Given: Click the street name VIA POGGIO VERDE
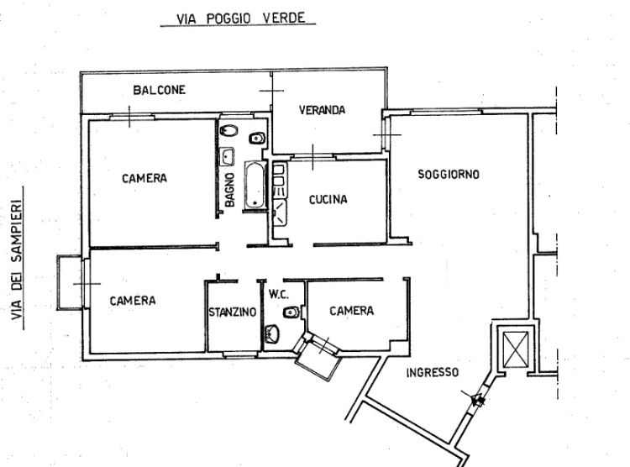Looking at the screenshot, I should click(238, 18).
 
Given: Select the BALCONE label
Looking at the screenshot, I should click(159, 90).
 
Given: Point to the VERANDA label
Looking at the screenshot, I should click(323, 110).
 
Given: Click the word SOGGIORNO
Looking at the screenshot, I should click(449, 175).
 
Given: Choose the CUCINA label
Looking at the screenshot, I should click(328, 200).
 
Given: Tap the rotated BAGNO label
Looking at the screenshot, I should click(228, 189).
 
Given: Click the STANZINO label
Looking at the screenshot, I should click(232, 312).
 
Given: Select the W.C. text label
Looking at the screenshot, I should click(279, 295).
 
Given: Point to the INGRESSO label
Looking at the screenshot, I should click(432, 373).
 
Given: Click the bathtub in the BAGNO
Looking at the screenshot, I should click(253, 185).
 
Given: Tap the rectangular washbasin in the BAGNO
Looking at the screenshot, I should click(228, 155).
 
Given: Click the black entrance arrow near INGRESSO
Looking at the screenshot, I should click(477, 400).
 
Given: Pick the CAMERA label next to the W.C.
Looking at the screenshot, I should click(351, 311).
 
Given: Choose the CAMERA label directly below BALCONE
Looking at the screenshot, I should click(144, 178).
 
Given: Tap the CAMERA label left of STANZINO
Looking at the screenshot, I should click(132, 300).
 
